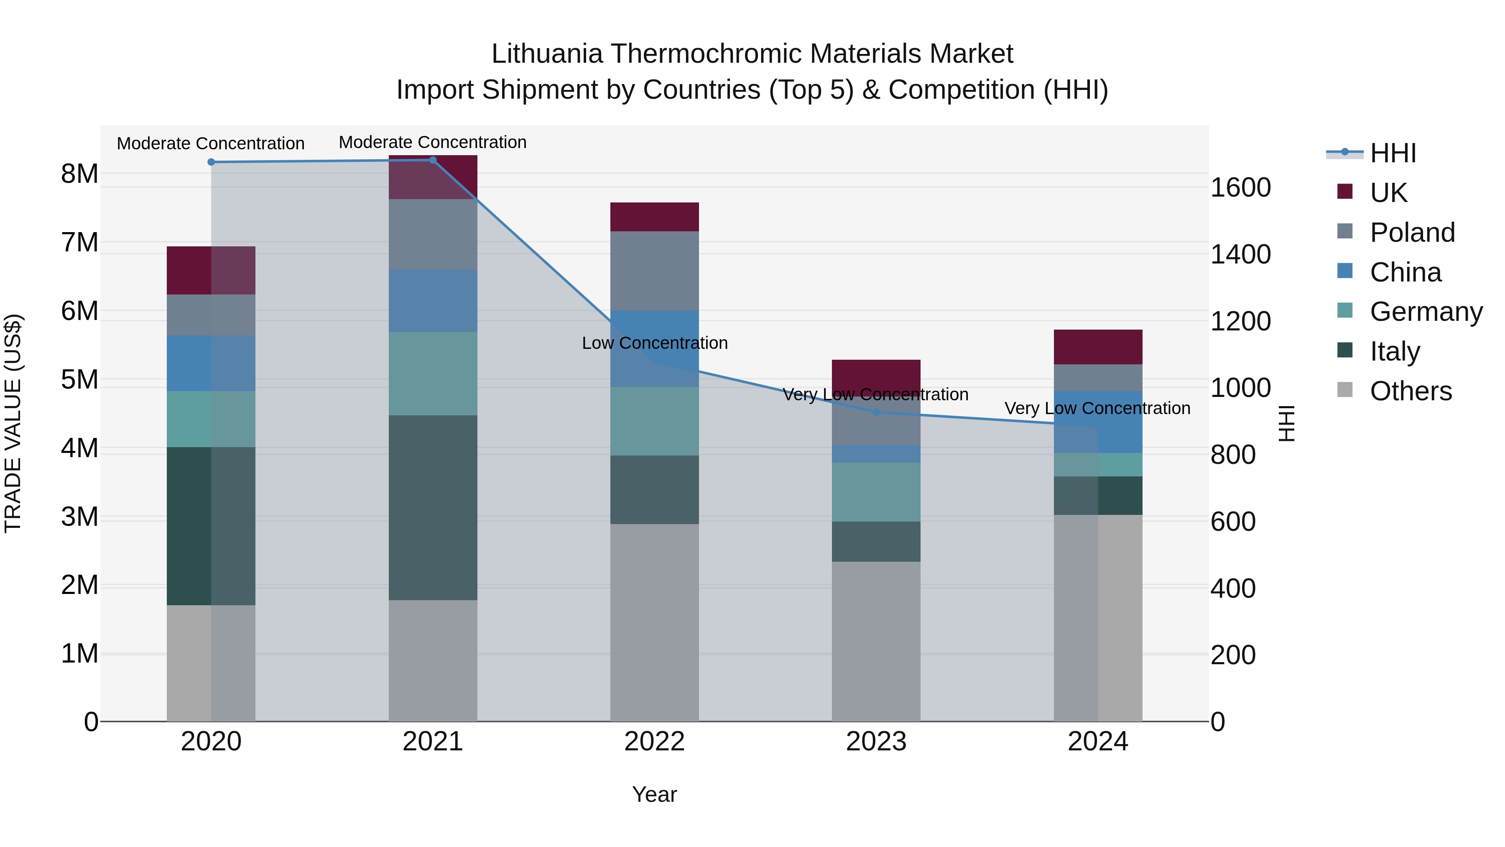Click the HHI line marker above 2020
(211, 162)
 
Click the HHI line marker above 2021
(433, 160)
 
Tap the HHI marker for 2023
(876, 412)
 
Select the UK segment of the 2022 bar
(654, 217)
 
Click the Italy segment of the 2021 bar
(433, 507)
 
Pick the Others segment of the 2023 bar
(876, 641)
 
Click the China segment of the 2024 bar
(1098, 422)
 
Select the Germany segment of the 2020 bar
(211, 419)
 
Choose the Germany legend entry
(1426, 312)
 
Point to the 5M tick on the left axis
(79, 380)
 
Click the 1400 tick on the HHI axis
(1240, 254)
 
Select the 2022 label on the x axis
(654, 742)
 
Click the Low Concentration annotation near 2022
(654, 343)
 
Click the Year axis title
(654, 794)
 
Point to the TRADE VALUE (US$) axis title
(13, 423)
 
